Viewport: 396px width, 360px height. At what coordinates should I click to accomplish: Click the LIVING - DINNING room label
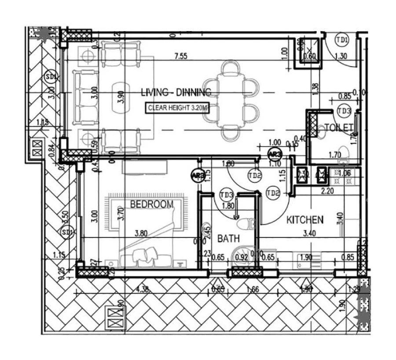(x=176, y=92)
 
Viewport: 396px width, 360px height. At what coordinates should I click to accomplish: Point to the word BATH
(x=229, y=239)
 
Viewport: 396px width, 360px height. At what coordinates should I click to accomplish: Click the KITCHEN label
(x=305, y=219)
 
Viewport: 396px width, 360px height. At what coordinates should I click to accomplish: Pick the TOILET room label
(x=339, y=127)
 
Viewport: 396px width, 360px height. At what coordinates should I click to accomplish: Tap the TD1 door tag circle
(x=342, y=40)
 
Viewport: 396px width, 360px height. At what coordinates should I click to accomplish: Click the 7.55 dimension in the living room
(x=181, y=56)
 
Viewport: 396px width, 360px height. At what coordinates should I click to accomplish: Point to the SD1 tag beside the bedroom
(x=67, y=232)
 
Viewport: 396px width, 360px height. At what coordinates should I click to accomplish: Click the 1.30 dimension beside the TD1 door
(x=341, y=56)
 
